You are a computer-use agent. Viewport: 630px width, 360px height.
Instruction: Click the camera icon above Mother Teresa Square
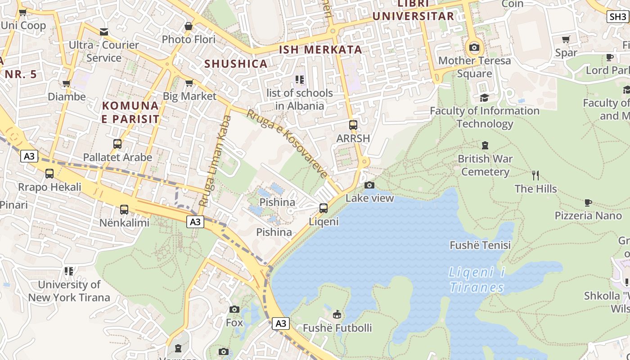474,47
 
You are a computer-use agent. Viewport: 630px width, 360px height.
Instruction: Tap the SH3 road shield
617,17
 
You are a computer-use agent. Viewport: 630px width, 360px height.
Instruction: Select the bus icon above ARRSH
353,125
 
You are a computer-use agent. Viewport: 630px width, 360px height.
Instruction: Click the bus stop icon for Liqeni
324,208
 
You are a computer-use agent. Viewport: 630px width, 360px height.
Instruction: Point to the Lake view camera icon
369,185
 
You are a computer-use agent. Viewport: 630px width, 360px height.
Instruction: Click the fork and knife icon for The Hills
535,175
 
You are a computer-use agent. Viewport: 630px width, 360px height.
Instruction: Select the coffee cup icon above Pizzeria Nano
588,202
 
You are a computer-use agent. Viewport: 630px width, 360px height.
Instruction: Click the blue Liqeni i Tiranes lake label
477,280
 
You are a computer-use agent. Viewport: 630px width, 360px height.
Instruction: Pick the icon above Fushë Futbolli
337,315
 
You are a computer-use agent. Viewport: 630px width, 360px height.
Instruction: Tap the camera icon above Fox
234,309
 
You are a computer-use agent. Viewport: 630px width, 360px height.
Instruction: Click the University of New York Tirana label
69,291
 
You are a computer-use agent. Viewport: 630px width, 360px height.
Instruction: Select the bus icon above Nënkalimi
124,209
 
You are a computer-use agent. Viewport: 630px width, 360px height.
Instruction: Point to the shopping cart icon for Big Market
189,83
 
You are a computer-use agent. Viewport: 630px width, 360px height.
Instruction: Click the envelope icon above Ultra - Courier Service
104,31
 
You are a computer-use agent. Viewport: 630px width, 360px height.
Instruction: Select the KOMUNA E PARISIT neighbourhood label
130,112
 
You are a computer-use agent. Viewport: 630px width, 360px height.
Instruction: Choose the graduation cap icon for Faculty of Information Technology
484,98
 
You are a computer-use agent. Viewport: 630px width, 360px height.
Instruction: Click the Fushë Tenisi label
480,245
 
